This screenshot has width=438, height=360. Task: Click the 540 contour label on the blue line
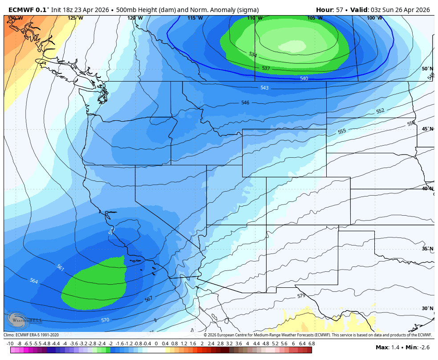click(304, 78)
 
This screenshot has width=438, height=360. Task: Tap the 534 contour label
click(252, 54)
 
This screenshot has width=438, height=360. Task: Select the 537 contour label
click(266, 68)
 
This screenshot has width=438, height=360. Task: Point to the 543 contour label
click(264, 88)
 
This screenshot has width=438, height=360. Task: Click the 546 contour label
click(245, 102)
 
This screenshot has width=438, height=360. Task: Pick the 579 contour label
click(301, 296)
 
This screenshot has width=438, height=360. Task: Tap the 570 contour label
click(105, 320)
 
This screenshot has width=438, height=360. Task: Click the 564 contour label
click(34, 281)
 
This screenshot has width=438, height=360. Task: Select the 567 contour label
click(149, 299)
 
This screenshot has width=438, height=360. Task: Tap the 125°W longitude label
click(75, 18)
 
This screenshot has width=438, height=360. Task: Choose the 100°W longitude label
click(374, 18)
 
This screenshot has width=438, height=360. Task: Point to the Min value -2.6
click(425, 347)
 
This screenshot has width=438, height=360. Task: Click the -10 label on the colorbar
click(10, 344)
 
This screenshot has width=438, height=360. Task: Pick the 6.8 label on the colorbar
click(312, 344)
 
